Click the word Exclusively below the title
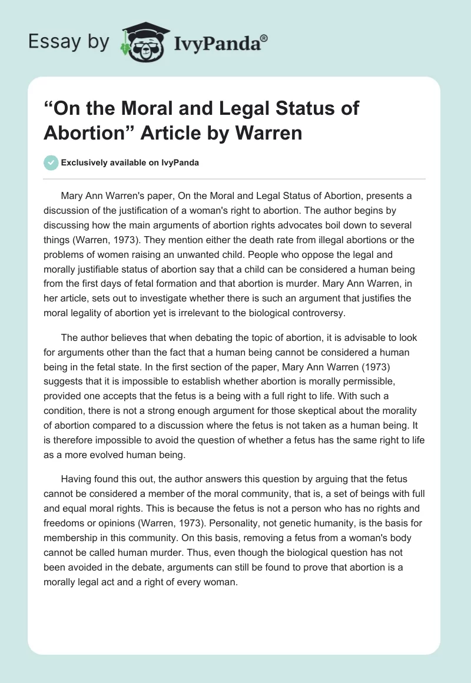[86, 163]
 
